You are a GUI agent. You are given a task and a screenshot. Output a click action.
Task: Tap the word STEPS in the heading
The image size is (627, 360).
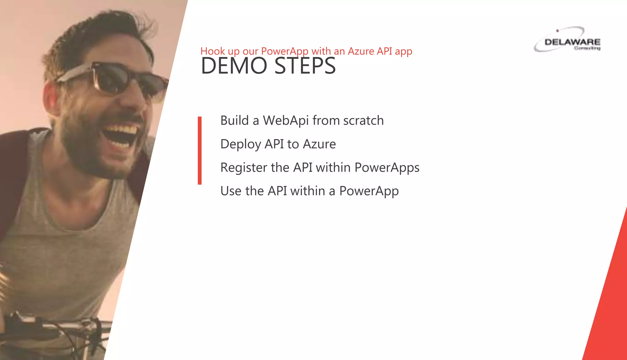coord(305,66)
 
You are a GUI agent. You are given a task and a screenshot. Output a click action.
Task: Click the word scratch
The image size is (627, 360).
coord(363,121)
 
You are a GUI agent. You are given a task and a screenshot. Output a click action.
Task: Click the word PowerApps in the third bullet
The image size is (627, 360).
coord(387,168)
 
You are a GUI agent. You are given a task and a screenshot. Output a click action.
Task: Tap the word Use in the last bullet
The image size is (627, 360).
coord(231,191)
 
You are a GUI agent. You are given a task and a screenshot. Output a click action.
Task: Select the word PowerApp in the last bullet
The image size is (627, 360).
coord(369,191)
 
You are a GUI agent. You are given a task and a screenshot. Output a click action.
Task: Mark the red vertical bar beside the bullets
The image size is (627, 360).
coord(200,150)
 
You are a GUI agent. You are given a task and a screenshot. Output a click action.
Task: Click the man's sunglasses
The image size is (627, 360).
coord(113,78)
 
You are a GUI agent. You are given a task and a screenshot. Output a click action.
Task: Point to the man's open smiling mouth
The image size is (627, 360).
coord(121,135)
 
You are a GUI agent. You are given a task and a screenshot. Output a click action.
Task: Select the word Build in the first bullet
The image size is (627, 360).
coord(235,121)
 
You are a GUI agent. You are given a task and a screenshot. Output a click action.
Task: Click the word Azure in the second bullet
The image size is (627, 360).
coord(319,144)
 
